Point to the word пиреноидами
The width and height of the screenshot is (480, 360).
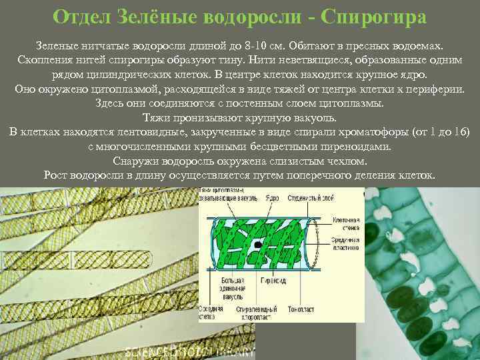361,147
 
